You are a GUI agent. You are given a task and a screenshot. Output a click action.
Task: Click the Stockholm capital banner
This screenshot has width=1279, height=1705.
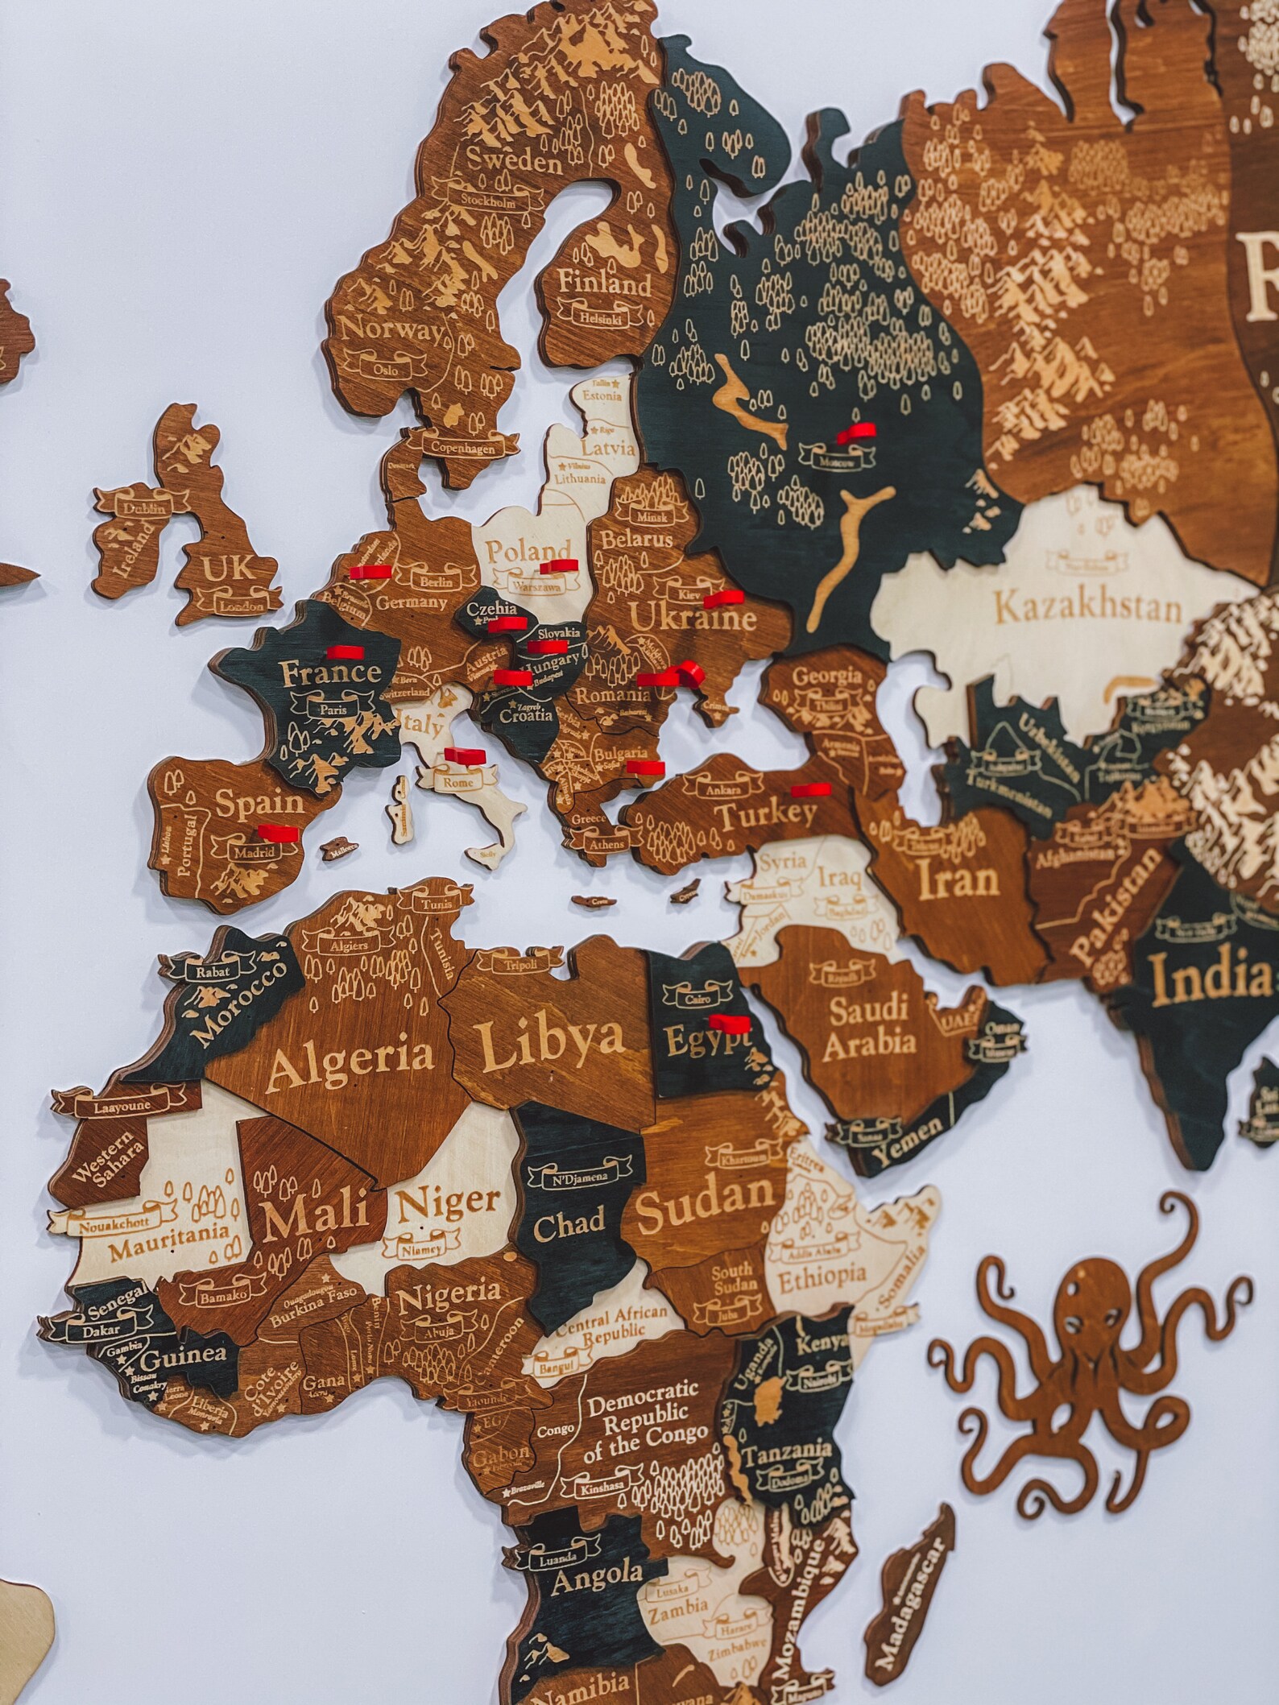pyautogui.click(x=487, y=202)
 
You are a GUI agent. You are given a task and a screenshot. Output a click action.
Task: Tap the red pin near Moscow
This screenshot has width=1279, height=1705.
pyautogui.click(x=856, y=435)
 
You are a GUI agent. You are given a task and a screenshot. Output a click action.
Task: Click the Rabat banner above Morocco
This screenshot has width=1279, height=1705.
pyautogui.click(x=213, y=970)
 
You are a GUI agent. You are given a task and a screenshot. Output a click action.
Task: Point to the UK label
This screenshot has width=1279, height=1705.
pyautogui.click(x=226, y=569)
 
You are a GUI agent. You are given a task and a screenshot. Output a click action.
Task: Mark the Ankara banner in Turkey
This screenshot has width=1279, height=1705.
pyautogui.click(x=722, y=790)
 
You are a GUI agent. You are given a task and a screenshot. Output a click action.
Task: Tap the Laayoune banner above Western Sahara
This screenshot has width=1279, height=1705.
pyautogui.click(x=122, y=1107)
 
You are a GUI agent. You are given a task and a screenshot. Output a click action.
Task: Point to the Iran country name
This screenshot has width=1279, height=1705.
pyautogui.click(x=958, y=882)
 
